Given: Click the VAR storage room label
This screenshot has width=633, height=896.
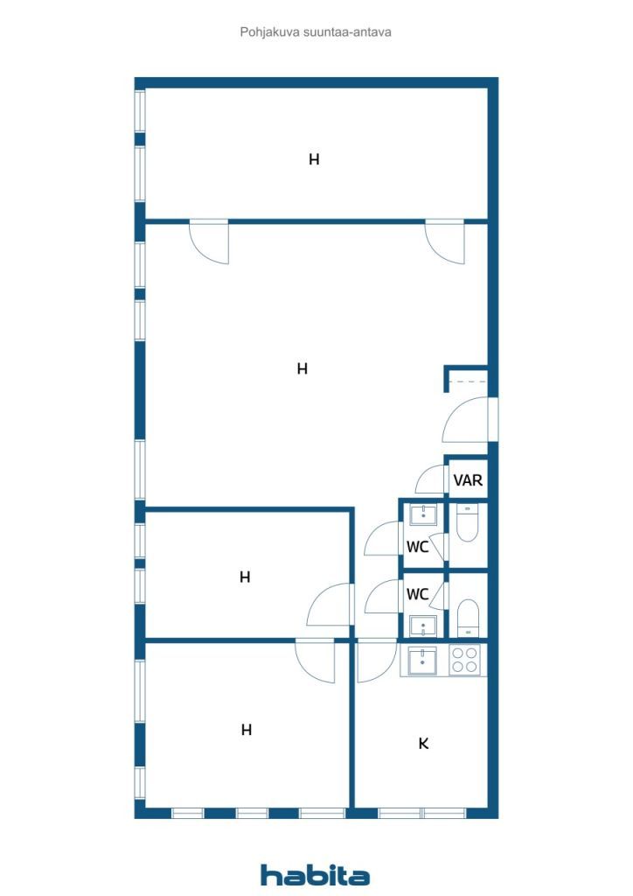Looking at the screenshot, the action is click(x=468, y=480).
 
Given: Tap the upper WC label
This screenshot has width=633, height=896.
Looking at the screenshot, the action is click(x=417, y=547).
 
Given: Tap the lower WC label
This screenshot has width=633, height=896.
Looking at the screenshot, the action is click(x=417, y=594).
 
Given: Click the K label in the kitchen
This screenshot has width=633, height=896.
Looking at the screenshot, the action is click(x=423, y=744).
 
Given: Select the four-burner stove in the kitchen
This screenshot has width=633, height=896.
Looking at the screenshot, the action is click(x=463, y=660).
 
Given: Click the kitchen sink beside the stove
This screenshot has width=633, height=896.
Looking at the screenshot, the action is click(x=422, y=661).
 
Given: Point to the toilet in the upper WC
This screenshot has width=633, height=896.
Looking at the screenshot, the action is click(x=468, y=525).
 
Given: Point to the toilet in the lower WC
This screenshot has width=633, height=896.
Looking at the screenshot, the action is click(x=468, y=617).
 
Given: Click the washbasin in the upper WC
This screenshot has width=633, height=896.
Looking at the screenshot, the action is click(x=423, y=514).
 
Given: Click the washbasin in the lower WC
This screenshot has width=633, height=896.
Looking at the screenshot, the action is click(x=423, y=626).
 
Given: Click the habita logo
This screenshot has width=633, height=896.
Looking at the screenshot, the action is click(x=315, y=875).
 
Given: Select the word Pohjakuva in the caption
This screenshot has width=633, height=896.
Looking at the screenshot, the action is click(x=266, y=32).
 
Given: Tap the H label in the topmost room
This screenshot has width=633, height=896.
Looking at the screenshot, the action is click(x=314, y=159).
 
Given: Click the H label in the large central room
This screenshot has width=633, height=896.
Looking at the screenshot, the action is click(x=303, y=369).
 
